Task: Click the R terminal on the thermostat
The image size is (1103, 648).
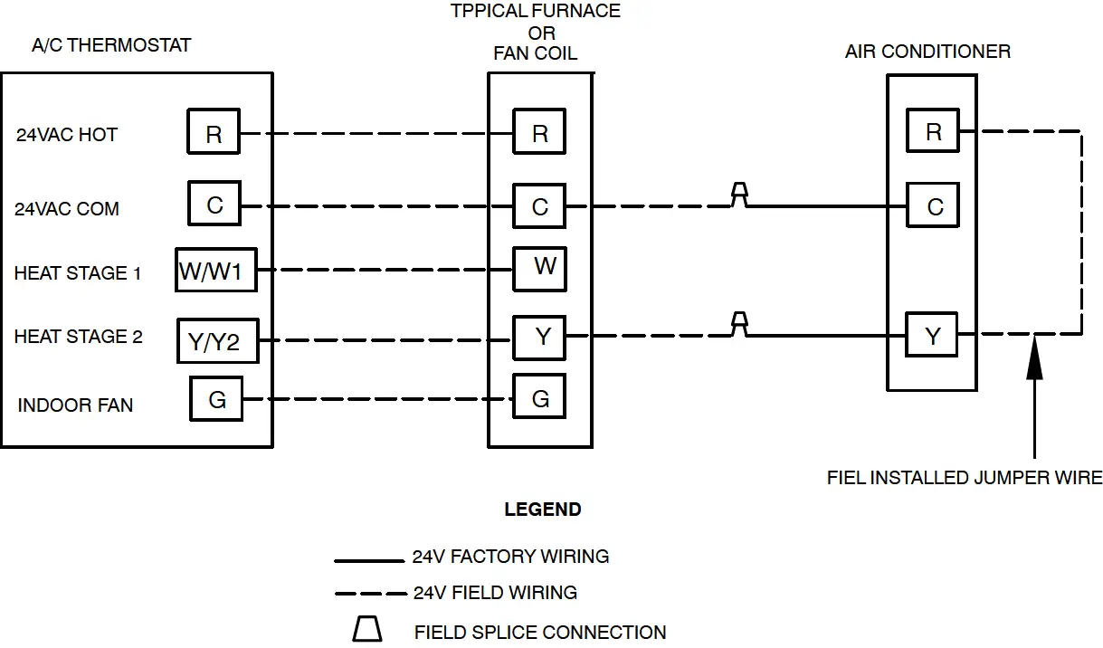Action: (214, 131)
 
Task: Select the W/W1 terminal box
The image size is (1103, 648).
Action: (216, 270)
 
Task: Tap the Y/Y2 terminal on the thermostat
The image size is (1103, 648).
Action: (218, 340)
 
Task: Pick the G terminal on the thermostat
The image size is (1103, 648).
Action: (216, 399)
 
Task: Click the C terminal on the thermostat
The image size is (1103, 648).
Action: (214, 204)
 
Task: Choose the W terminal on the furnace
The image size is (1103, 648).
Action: (539, 269)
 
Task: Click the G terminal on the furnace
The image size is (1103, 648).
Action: (539, 396)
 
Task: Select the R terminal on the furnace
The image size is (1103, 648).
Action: (539, 131)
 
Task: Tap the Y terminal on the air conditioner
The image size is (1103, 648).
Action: (932, 334)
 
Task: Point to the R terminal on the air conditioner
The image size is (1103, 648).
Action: (933, 130)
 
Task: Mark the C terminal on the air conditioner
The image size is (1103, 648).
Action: (933, 205)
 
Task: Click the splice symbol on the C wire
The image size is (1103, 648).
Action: (739, 195)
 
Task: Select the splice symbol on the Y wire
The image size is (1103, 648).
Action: (739, 324)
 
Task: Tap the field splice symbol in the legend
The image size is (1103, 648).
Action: (367, 629)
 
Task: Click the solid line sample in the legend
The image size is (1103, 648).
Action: (369, 560)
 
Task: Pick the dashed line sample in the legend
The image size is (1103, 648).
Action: (370, 594)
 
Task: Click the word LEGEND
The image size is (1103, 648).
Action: (543, 510)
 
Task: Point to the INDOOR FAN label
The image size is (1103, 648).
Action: (75, 405)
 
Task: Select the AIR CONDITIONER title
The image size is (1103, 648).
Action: (927, 52)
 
